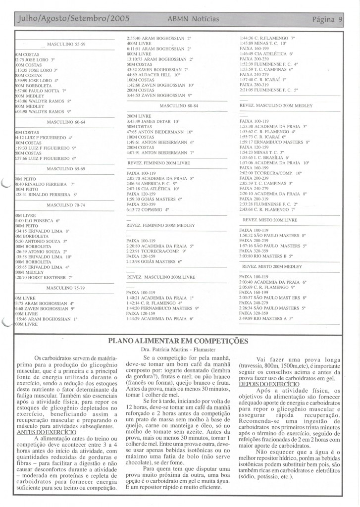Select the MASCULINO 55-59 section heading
pyautogui.click(x=66, y=44)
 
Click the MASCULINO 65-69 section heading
pyautogui.click(x=66, y=169)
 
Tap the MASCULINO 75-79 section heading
pyautogui.click(x=66, y=288)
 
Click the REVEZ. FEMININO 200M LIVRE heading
pyautogui.click(x=158, y=162)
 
